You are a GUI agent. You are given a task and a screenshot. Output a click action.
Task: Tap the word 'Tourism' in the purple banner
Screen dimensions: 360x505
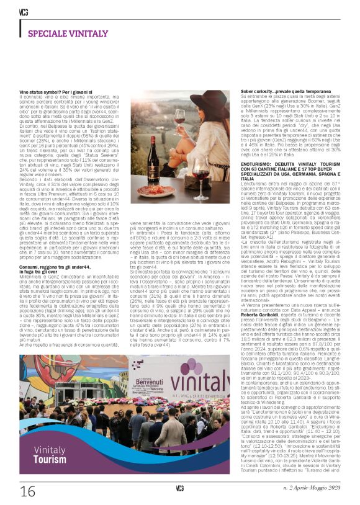click(50, 442)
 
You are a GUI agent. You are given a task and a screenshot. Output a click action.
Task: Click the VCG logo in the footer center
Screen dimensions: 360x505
click(179, 489)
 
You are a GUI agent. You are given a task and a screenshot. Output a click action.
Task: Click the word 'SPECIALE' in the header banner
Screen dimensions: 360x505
click(47, 34)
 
